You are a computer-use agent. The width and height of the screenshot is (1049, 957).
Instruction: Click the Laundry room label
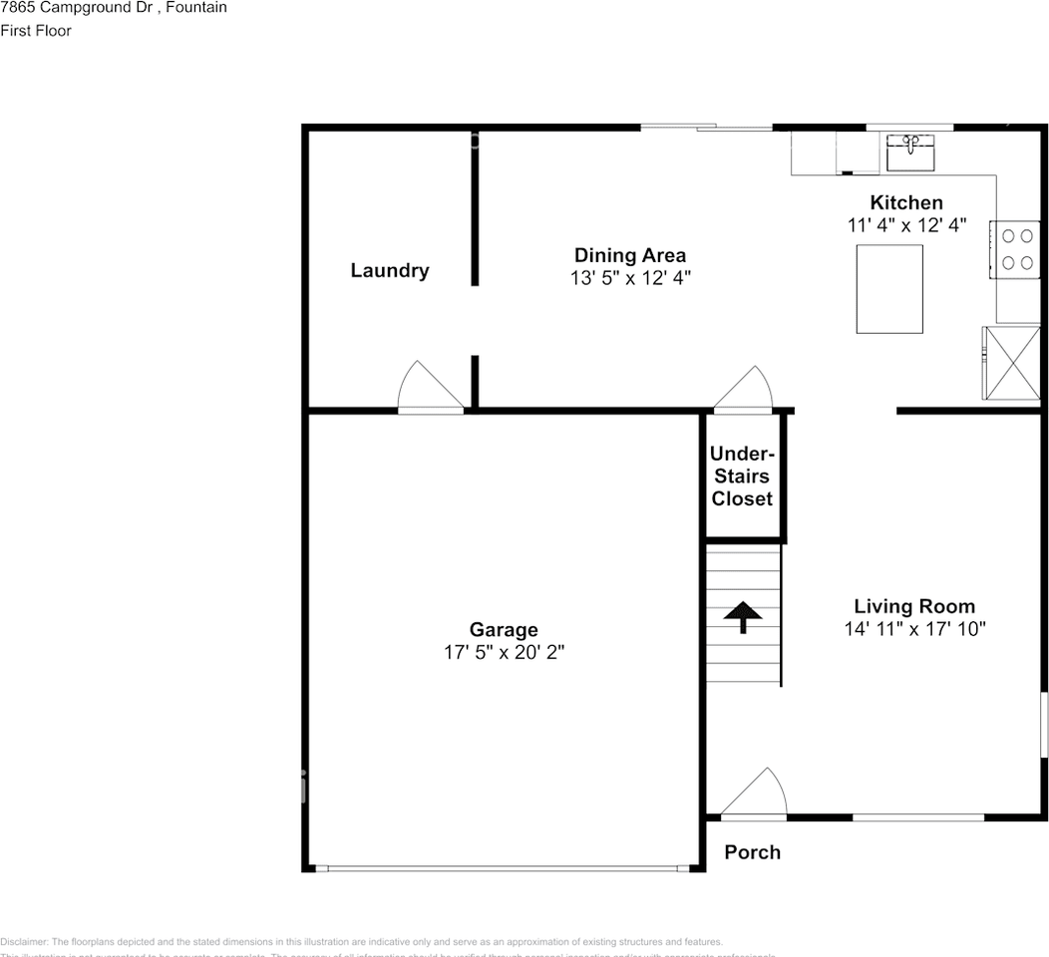[x=389, y=270]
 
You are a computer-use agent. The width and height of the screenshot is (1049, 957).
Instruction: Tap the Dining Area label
[x=629, y=255]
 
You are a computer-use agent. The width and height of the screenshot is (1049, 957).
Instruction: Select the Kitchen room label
[x=906, y=202]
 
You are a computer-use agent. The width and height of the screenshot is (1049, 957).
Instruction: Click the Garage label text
[x=504, y=629]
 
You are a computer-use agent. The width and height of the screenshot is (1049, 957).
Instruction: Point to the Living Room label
[x=914, y=605]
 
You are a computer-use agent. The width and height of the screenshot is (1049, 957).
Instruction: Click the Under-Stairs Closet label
[x=742, y=477]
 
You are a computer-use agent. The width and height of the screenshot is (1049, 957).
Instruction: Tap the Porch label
[x=752, y=852]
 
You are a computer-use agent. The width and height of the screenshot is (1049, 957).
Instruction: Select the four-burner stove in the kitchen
[x=1016, y=249]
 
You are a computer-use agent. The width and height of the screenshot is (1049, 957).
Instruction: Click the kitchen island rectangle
[x=889, y=288]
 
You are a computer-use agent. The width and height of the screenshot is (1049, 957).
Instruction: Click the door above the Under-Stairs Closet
[x=744, y=391]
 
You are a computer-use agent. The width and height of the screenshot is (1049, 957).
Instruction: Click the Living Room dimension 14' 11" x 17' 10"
[x=914, y=628]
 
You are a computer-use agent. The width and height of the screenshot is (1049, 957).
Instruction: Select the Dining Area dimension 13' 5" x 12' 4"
[x=630, y=278]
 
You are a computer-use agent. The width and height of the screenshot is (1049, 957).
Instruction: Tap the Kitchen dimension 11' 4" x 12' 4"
[x=906, y=225]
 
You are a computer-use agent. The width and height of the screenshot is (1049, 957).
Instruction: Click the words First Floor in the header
[x=36, y=30]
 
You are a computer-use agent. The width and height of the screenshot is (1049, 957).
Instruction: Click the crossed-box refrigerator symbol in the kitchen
[x=1012, y=363]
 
